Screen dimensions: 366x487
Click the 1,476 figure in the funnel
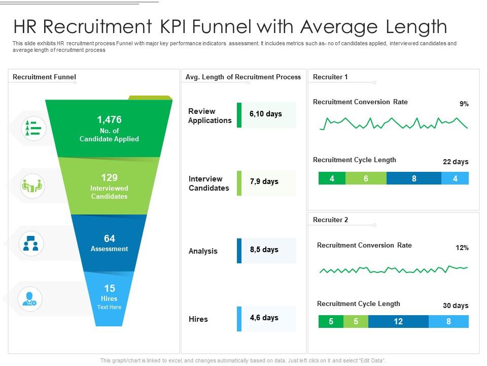pyautogui.click(x=109, y=120)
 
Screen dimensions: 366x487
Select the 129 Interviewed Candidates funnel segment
pyautogui.click(x=109, y=186)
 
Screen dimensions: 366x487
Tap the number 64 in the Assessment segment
pyautogui.click(x=109, y=238)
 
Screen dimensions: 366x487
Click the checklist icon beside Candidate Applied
pyautogui.click(x=33, y=128)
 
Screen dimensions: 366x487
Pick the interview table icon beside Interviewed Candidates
pyautogui.click(x=33, y=186)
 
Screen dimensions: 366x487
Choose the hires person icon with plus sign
pyautogui.click(x=30, y=298)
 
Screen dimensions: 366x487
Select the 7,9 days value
pyautogui.click(x=264, y=182)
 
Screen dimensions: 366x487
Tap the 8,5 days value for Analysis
pyautogui.click(x=264, y=250)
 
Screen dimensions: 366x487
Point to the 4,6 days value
pyautogui.click(x=264, y=318)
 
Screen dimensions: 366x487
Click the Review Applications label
pyautogui.click(x=210, y=116)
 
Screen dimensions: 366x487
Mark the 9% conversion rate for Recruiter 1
pyautogui.click(x=464, y=104)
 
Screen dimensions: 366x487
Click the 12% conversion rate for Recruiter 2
pyautogui.click(x=462, y=248)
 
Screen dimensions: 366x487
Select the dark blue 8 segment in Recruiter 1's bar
pyautogui.click(x=414, y=178)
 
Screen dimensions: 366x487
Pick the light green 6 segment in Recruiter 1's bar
pyautogui.click(x=366, y=178)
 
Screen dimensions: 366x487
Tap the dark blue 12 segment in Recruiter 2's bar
pyautogui.click(x=398, y=321)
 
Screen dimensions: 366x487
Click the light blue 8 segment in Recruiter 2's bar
pyautogui.click(x=448, y=321)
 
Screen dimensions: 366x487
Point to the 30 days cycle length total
pyautogui.click(x=456, y=306)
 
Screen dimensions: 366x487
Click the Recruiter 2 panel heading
pyautogui.click(x=331, y=220)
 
